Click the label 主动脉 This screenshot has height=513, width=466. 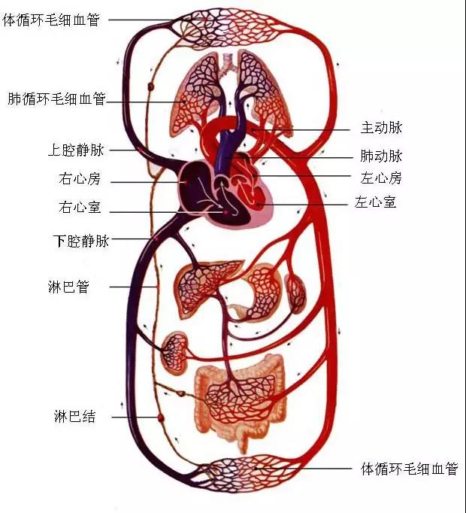click(x=381, y=127)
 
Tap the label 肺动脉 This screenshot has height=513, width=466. click(x=381, y=156)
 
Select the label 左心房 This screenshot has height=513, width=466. click(x=381, y=178)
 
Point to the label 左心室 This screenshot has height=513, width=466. click(x=375, y=202)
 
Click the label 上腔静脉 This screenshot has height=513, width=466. click(x=76, y=150)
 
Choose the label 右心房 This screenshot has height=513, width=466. click(x=80, y=178)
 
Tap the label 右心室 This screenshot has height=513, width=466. click(x=80, y=207)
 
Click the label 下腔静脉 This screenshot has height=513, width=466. click(x=81, y=241)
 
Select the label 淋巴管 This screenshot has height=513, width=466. click(x=68, y=287)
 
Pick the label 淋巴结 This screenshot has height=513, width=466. click(x=75, y=417)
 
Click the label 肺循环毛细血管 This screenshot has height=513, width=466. click(x=57, y=99)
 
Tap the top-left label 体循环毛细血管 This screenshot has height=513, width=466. click(x=51, y=20)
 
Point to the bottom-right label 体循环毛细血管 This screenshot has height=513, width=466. click(x=410, y=469)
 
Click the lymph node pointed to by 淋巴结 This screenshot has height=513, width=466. click(x=160, y=417)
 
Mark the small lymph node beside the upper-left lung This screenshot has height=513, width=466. click(x=151, y=87)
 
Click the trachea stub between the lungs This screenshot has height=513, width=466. click(x=228, y=64)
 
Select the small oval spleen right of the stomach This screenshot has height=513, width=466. click(x=295, y=294)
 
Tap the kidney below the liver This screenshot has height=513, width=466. click(x=174, y=353)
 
